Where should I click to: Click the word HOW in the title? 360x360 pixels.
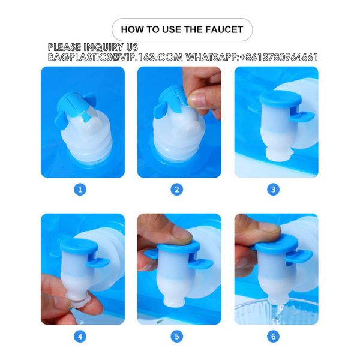[132, 29]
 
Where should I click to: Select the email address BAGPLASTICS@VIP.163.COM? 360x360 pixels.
[115, 58]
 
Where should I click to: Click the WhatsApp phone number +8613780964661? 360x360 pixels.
[278, 58]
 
